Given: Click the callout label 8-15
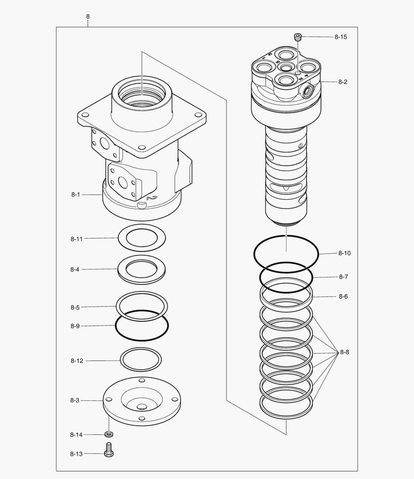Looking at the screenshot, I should (x=341, y=37).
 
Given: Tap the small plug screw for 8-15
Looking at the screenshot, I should (x=298, y=37).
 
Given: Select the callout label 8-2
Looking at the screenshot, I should (x=343, y=82).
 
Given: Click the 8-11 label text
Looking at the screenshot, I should (x=76, y=239).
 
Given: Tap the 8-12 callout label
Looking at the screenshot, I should (x=76, y=361).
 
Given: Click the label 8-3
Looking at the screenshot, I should (x=75, y=400).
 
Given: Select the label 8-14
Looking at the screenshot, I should (x=76, y=435).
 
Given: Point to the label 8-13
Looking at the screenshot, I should (x=76, y=454).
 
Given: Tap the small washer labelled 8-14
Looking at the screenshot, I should (x=108, y=434).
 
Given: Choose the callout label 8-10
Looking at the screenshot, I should (x=344, y=253).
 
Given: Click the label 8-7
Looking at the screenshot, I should (x=343, y=277).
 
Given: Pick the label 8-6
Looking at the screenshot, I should (x=343, y=296).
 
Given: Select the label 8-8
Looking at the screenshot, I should (x=344, y=352).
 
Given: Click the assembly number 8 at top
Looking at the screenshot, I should (x=88, y=16).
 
